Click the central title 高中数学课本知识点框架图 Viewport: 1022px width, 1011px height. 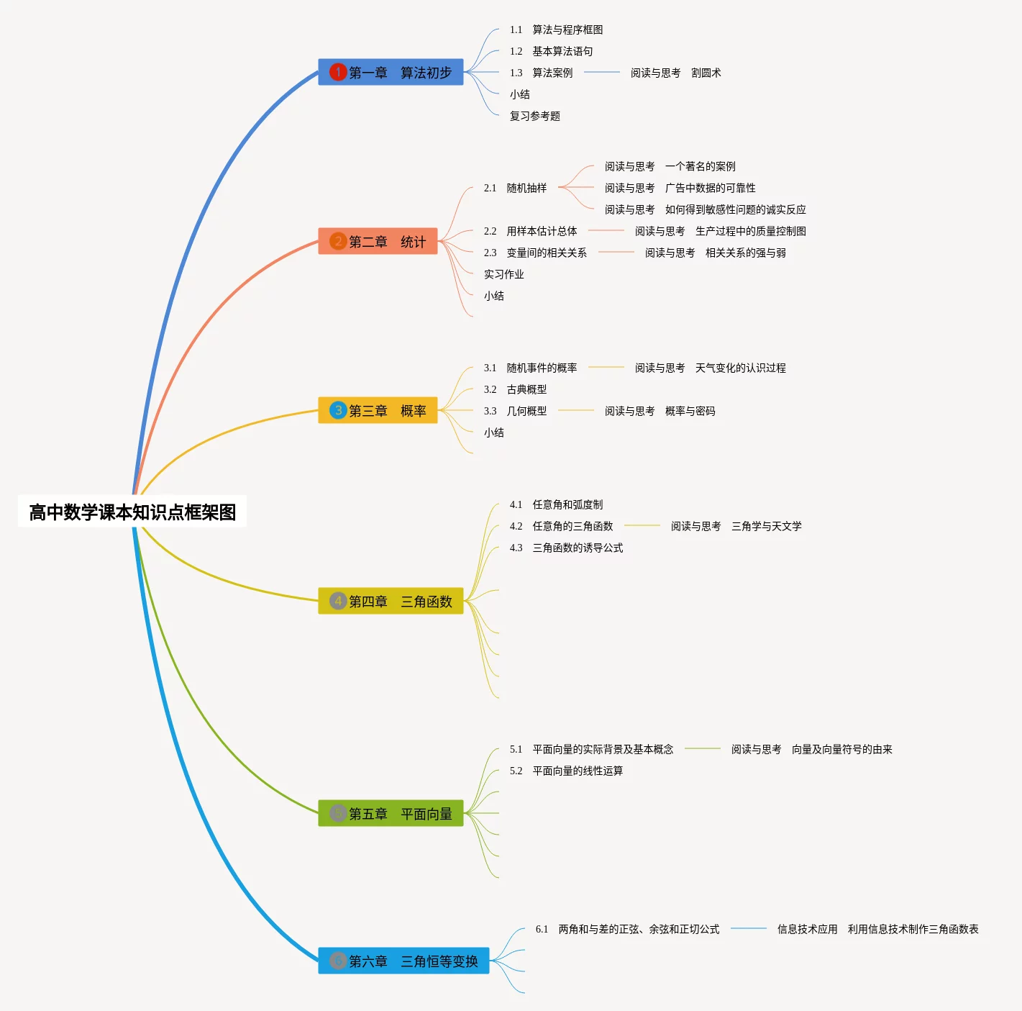point(132,512)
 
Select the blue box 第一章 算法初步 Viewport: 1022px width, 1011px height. point(391,72)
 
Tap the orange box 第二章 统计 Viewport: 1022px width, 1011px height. point(378,241)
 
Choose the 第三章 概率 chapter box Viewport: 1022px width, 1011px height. point(378,410)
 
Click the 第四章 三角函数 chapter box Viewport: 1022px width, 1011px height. point(391,601)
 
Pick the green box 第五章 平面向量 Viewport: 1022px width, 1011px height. point(391,813)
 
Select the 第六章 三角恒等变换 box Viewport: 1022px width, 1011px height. point(403,961)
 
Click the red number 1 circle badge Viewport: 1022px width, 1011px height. point(338,72)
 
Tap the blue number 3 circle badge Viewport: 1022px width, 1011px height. point(338,409)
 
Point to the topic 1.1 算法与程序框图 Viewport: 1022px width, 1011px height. point(557,30)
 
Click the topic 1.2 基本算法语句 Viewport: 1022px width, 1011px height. point(551,52)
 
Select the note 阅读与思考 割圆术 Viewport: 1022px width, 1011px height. point(675,73)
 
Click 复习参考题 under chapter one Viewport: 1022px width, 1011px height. point(534,117)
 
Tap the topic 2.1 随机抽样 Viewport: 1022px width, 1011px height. point(515,188)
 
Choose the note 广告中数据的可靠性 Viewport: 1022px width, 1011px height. point(710,188)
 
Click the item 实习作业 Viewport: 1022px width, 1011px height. point(504,274)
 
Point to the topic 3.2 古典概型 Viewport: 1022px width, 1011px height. point(515,389)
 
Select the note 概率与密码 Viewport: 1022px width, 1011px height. point(690,412)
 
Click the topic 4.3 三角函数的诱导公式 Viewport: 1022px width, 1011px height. point(567,548)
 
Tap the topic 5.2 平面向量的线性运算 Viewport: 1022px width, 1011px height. point(567,771)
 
